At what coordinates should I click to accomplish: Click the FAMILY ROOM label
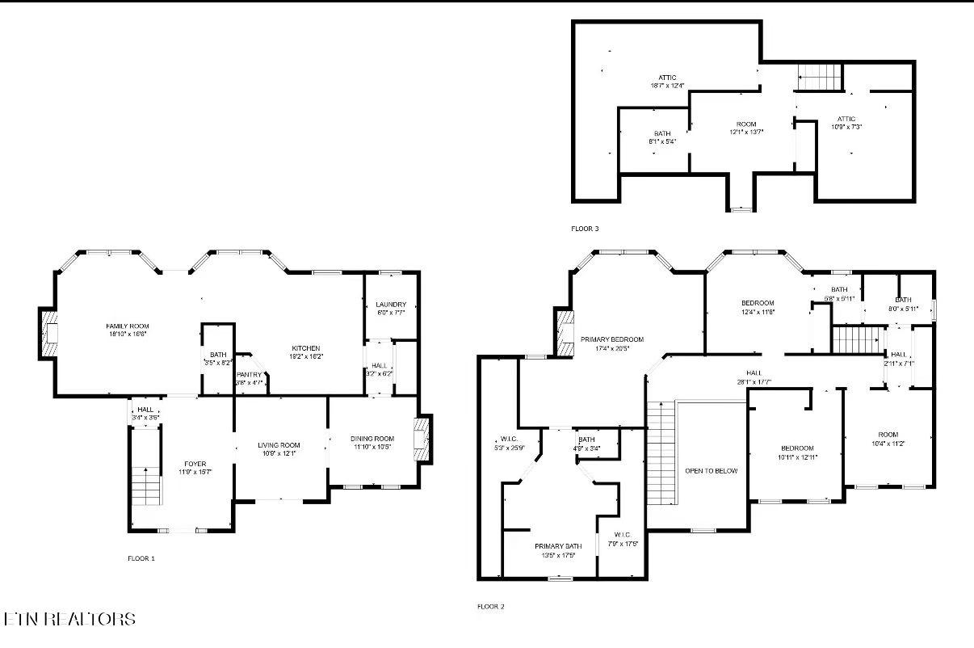(128, 326)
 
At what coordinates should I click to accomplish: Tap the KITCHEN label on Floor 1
(305, 348)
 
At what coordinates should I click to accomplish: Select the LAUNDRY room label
(391, 305)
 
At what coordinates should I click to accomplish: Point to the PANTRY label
(249, 374)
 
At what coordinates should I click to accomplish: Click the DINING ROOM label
(372, 439)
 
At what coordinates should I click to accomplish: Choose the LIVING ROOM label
(279, 445)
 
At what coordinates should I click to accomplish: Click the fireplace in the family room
(49, 333)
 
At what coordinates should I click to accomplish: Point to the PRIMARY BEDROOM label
(611, 339)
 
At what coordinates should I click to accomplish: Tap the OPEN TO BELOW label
(711, 470)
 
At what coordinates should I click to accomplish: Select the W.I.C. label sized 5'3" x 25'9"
(509, 441)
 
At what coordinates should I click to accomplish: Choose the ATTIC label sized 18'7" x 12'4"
(667, 78)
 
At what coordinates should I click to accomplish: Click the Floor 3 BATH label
(662, 134)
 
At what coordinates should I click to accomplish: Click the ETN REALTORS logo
(69, 620)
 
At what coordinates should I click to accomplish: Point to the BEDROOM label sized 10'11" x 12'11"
(796, 448)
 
